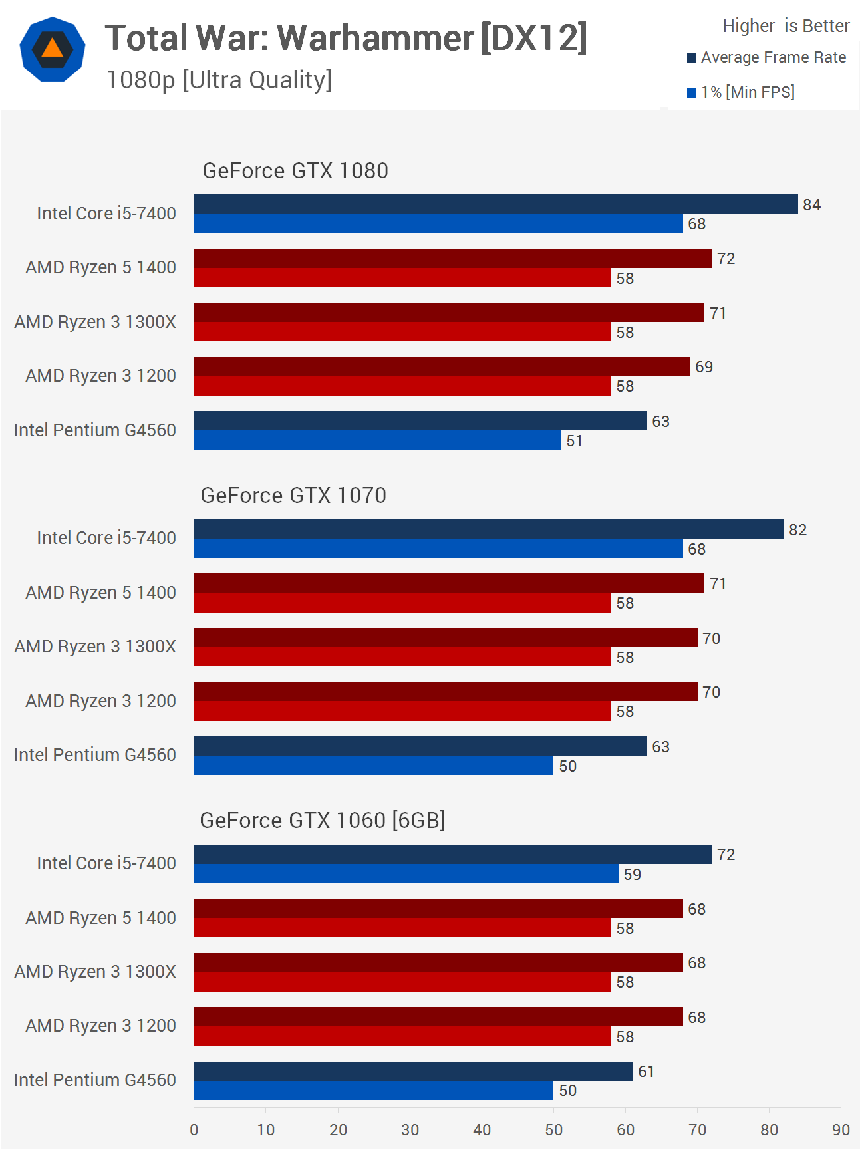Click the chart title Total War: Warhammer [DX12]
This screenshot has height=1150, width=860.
[x=346, y=38]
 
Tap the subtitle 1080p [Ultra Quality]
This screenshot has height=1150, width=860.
[x=219, y=80]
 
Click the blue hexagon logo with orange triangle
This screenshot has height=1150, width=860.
[x=53, y=49]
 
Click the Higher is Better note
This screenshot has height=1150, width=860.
[x=786, y=26]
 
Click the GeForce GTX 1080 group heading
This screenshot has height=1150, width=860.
[x=295, y=171]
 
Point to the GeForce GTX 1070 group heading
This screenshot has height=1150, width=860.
[x=293, y=496]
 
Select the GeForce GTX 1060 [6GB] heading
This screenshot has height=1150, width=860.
[x=323, y=821]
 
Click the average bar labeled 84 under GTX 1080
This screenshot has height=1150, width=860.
[x=496, y=204]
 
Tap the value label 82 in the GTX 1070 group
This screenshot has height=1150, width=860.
[x=797, y=530]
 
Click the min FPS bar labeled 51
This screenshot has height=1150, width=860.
[x=377, y=440]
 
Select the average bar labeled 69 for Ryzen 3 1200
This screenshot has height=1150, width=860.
[x=442, y=367]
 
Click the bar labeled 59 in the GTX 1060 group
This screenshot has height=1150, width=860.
[x=406, y=874]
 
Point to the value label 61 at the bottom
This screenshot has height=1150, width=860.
[x=646, y=1072]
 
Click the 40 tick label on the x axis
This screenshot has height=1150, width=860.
[x=482, y=1130]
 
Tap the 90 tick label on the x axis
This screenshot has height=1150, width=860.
[x=841, y=1130]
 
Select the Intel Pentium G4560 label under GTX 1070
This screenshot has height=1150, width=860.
[x=95, y=755]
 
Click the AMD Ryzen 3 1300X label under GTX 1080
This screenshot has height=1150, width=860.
[x=95, y=322]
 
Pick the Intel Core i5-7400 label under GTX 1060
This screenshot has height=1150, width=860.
[x=106, y=863]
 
